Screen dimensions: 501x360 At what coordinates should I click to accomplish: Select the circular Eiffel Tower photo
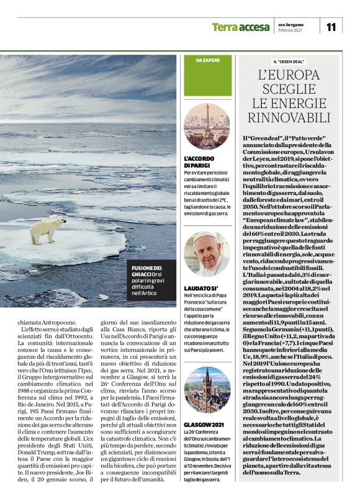pyautogui.click(x=207, y=127)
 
